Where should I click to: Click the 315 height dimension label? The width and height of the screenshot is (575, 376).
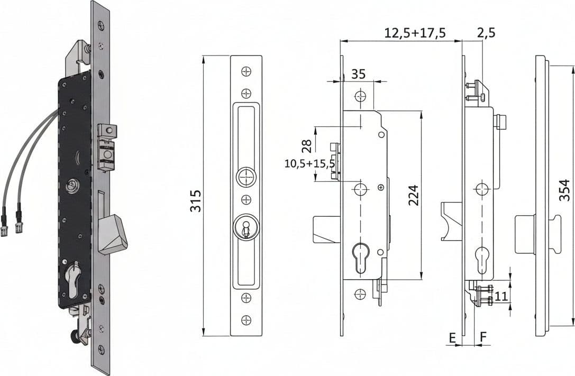tap(195, 200)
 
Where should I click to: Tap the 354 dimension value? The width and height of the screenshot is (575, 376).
tap(564, 190)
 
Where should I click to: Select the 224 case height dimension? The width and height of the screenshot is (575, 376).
tap(413, 195)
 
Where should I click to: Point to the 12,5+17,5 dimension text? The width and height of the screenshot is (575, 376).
tap(415, 33)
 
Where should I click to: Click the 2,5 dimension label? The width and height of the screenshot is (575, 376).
tap(487, 33)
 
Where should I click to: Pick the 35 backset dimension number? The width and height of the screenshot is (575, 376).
tap(358, 74)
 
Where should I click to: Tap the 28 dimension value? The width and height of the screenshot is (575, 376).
tap(307, 146)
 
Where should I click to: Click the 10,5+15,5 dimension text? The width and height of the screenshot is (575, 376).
tap(310, 163)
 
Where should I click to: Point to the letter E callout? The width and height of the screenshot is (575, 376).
tap(452, 337)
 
